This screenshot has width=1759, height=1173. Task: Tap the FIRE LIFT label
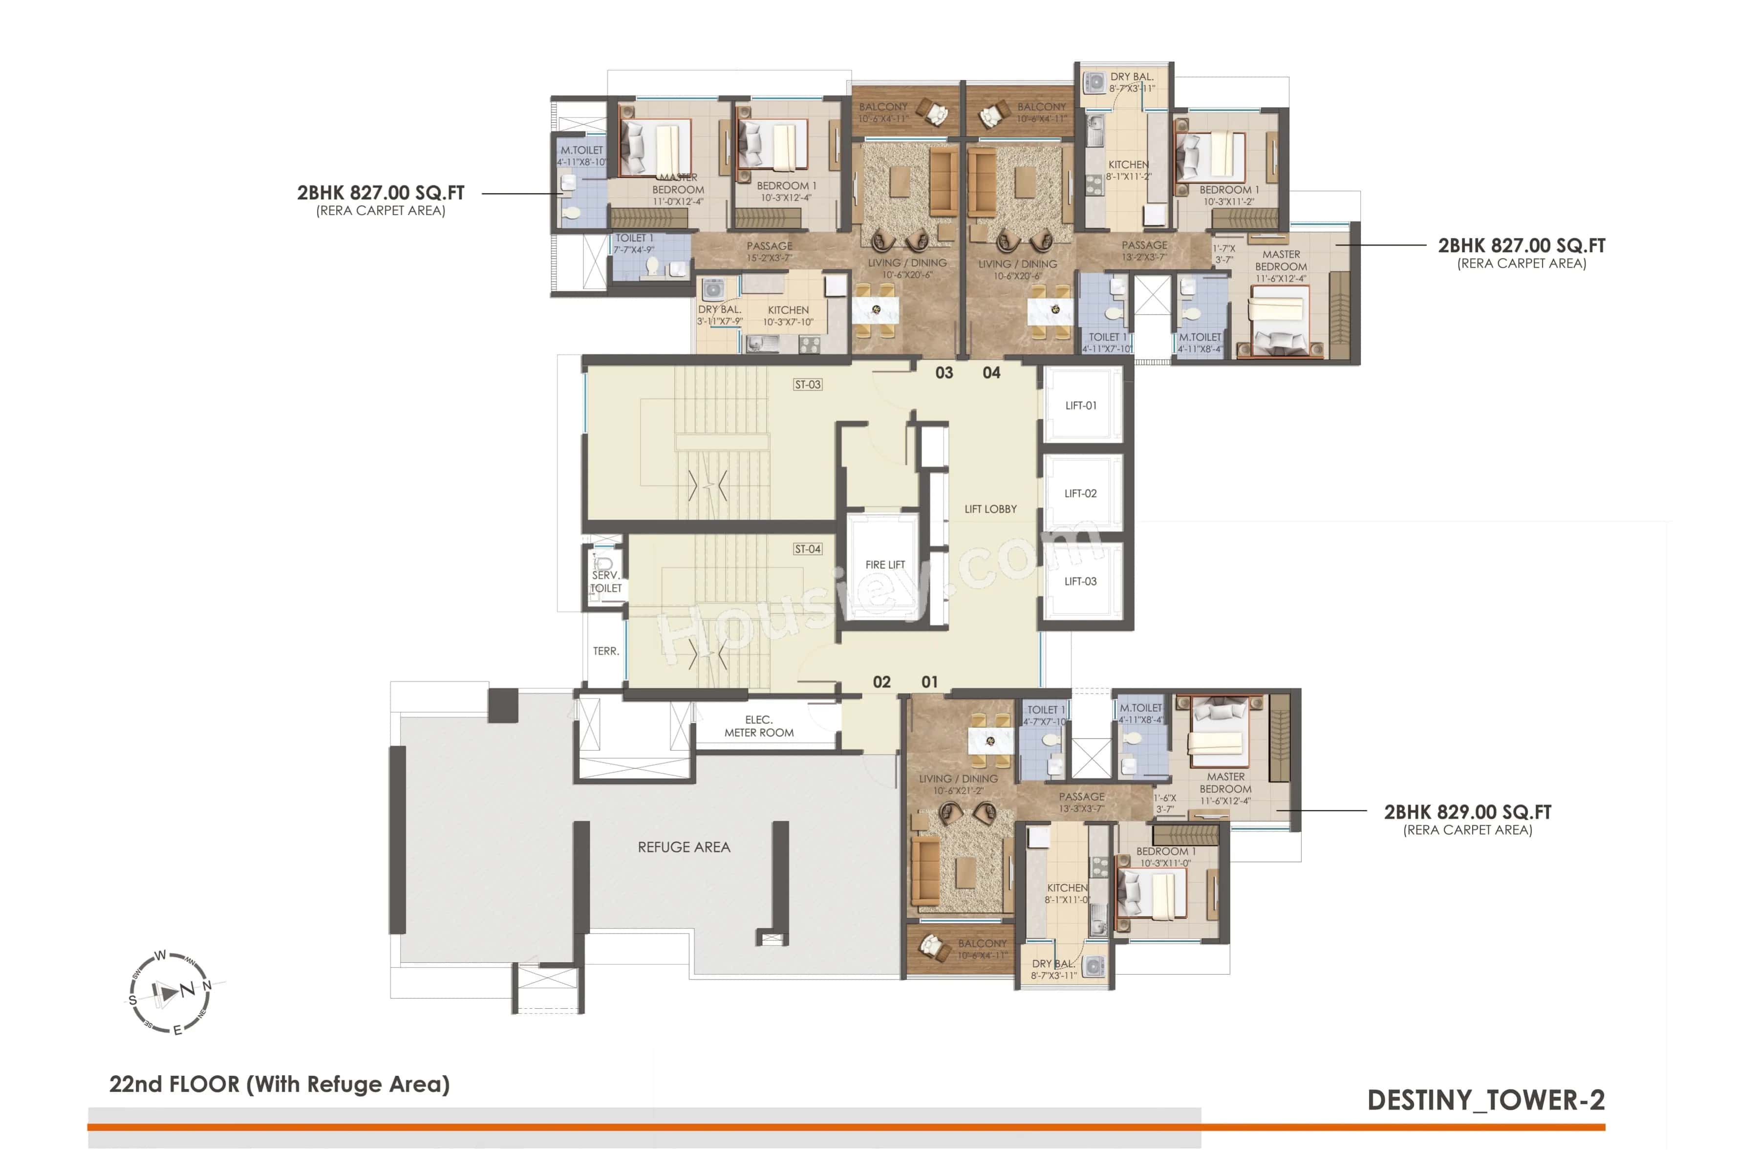[x=885, y=565]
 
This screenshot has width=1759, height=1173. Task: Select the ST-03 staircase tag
[x=807, y=385]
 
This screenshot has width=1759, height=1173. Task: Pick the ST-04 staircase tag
[x=807, y=549]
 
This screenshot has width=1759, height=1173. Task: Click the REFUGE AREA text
[x=684, y=847]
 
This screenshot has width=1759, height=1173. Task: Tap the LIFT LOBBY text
[x=990, y=509]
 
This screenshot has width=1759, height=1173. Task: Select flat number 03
[x=944, y=372]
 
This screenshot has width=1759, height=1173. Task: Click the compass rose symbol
[x=170, y=992]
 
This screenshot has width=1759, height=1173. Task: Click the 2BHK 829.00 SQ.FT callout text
[x=1467, y=812]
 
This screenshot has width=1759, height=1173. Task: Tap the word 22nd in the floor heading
[x=137, y=1085]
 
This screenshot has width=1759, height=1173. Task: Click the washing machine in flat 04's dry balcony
[x=1095, y=82]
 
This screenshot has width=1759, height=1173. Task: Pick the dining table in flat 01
[x=990, y=740]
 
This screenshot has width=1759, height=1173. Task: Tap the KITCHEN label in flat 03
[x=788, y=310]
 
